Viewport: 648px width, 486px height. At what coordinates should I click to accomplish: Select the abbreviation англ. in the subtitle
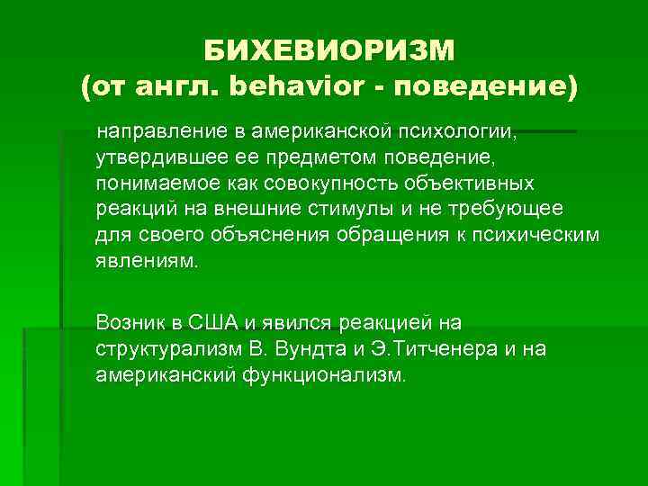(x=176, y=88)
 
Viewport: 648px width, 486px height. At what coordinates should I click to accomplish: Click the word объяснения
(x=274, y=235)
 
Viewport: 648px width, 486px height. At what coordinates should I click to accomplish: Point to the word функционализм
(x=323, y=373)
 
